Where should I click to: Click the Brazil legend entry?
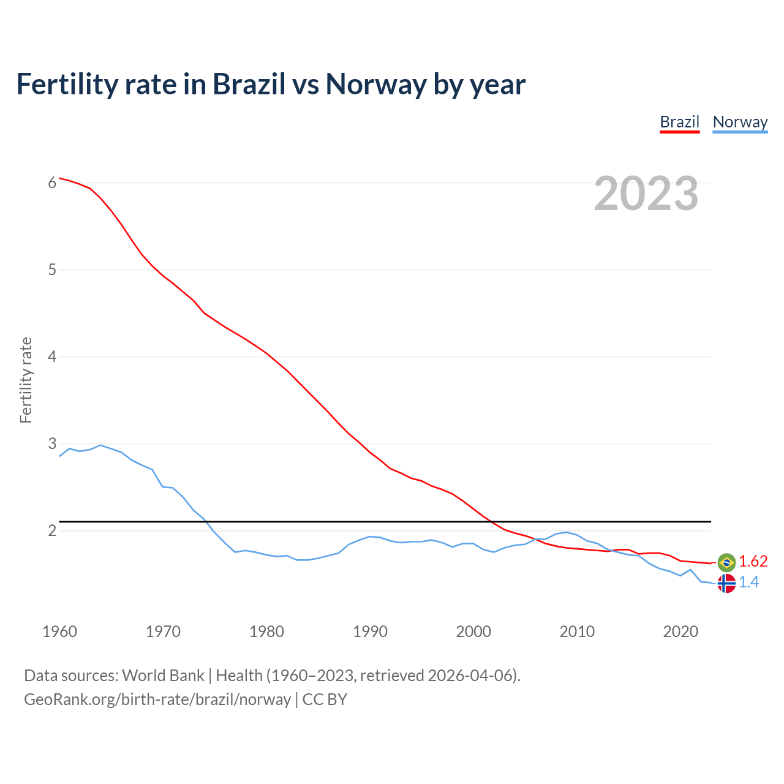point(679,122)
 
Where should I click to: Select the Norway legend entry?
point(740,122)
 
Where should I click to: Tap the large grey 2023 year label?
point(646,194)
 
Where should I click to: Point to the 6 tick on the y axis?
point(52,183)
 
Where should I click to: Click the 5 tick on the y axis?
point(52,269)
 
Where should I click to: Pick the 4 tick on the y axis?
point(52,356)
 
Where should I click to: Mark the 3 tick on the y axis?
point(52,443)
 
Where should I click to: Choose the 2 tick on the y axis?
point(52,530)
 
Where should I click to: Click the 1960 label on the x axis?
point(59,631)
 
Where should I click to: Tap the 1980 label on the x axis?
point(266,631)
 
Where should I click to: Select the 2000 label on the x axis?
point(473,631)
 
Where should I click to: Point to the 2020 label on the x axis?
point(680,631)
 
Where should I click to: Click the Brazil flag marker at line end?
point(726,562)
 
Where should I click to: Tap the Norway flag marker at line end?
point(726,583)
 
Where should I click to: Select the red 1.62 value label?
point(753,562)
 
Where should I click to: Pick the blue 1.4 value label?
point(748,582)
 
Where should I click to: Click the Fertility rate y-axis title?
point(26,380)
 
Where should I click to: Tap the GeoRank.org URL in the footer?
point(157,699)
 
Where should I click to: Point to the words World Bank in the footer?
point(163,676)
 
